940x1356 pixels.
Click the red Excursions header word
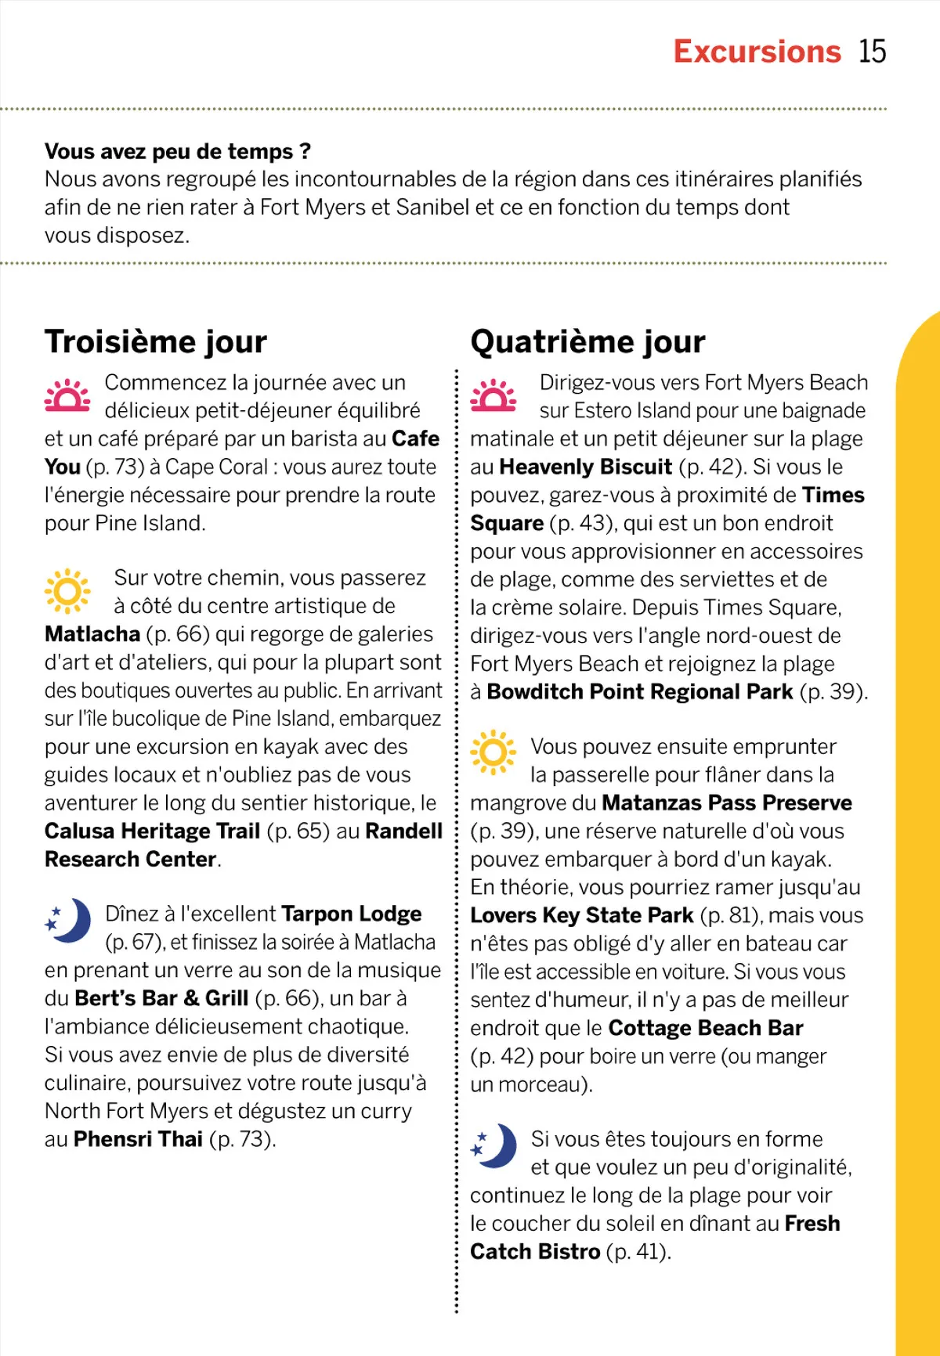pos(757,52)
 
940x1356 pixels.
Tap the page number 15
pos(872,52)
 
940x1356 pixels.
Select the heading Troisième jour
pos(156,342)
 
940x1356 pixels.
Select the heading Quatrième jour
pos(587,342)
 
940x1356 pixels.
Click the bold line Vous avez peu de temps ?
pos(178,151)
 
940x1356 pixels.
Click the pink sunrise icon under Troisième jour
pos(67,395)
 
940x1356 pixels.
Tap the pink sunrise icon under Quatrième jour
pos(493,395)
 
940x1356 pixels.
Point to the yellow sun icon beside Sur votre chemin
pos(67,591)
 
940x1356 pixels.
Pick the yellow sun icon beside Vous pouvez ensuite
pos(493,752)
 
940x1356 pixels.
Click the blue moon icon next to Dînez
pos(68,920)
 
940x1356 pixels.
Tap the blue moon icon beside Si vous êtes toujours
pos(493,1146)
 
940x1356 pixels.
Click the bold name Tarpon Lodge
pos(351,914)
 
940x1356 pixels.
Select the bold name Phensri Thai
pos(138,1139)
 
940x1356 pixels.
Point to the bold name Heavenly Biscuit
pos(585,467)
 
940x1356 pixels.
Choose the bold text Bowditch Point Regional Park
pos(640,692)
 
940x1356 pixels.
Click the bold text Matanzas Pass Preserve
pos(727,803)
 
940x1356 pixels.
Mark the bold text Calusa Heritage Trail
pos(152,831)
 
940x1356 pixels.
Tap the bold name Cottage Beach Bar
pos(706,1028)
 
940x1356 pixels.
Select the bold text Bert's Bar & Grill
pos(161,999)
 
